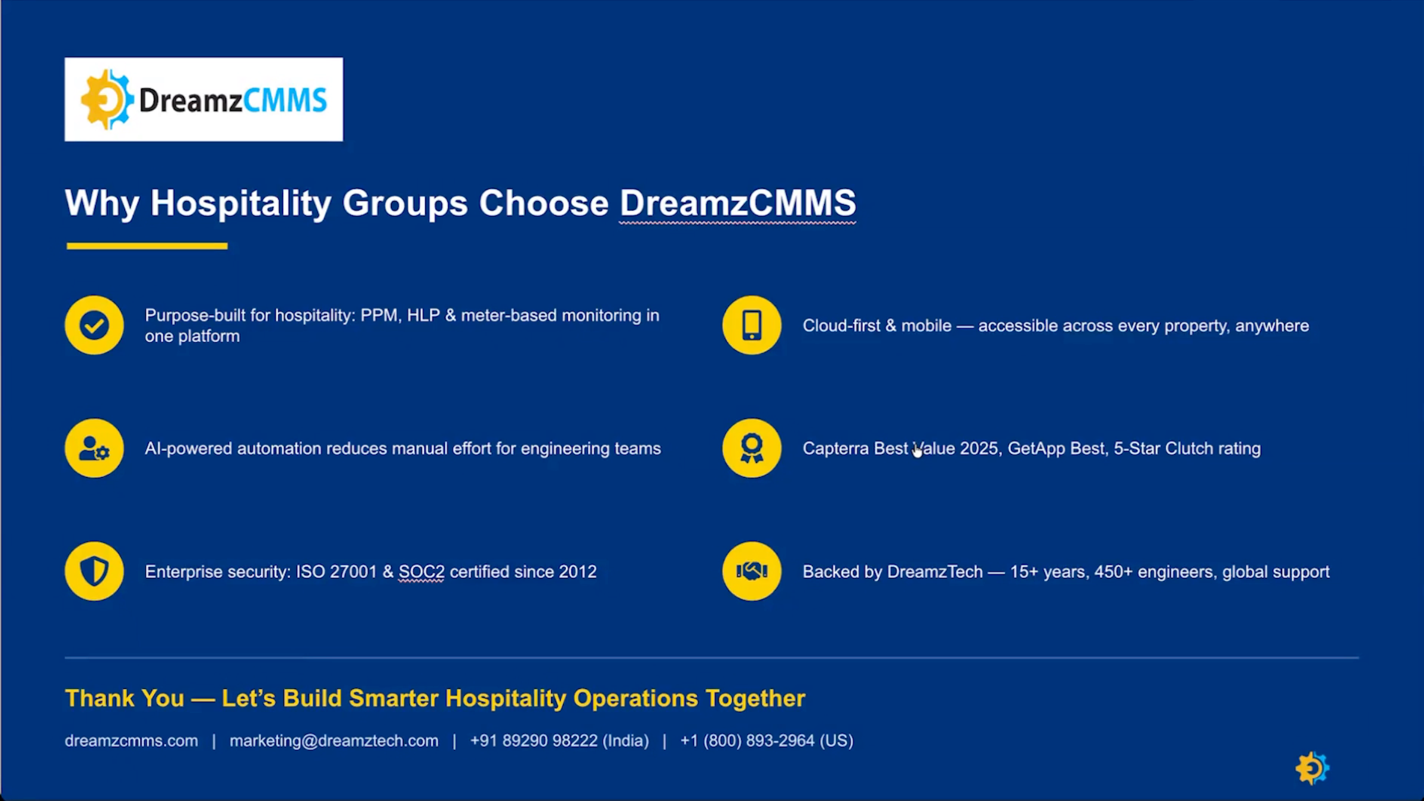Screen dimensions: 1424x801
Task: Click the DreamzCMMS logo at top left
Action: point(204,99)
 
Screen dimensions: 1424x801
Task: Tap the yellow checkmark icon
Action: point(94,325)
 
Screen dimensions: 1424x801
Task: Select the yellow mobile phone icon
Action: point(752,325)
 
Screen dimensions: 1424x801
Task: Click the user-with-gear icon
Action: point(94,448)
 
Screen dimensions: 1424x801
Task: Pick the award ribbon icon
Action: point(752,448)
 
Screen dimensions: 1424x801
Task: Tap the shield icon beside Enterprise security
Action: point(94,571)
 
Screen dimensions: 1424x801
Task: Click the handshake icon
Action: point(752,571)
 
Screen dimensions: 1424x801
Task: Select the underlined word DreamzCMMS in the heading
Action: point(738,204)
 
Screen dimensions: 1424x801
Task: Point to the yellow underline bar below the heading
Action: point(147,246)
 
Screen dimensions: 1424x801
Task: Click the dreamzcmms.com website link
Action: point(131,740)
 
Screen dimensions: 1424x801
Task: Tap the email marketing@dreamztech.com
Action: point(334,740)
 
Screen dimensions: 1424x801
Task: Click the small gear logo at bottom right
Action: point(1312,768)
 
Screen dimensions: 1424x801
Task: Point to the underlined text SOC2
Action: point(421,571)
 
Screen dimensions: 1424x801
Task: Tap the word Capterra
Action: point(836,449)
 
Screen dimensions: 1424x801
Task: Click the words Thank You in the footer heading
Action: point(125,698)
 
